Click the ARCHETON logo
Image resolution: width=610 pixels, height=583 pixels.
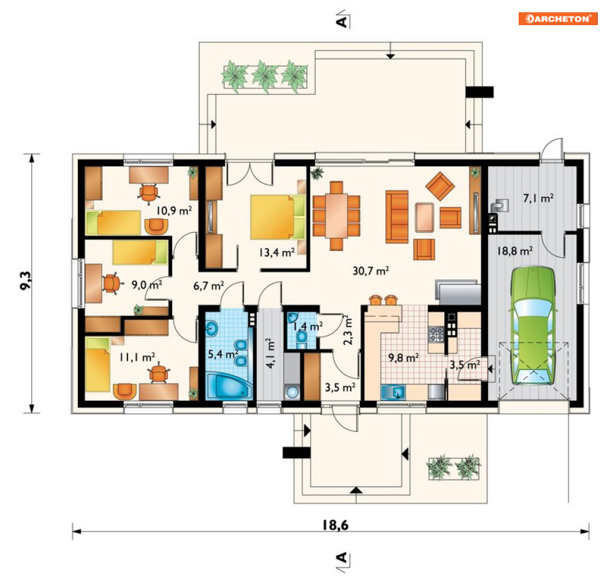click(x=557, y=18)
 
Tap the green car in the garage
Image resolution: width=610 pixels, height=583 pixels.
click(x=533, y=326)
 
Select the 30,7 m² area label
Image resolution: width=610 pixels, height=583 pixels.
click(x=371, y=271)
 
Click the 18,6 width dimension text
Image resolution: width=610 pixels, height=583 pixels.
click(x=335, y=525)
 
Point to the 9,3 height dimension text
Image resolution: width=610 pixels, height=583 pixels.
click(x=26, y=280)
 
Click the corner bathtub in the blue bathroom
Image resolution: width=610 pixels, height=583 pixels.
click(x=229, y=386)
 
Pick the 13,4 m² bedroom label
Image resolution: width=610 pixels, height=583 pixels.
click(x=277, y=253)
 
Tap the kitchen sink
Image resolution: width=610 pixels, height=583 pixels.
click(x=394, y=392)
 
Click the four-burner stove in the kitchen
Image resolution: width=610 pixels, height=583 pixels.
click(x=436, y=334)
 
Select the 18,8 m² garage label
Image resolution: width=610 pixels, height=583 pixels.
click(x=515, y=251)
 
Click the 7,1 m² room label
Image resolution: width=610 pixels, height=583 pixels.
click(x=538, y=199)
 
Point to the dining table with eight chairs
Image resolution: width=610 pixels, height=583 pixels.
click(x=336, y=216)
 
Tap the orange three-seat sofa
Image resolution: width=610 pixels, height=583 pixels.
click(x=397, y=217)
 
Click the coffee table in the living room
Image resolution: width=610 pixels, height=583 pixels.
click(x=424, y=217)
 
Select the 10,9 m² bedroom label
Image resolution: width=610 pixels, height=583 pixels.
click(x=174, y=210)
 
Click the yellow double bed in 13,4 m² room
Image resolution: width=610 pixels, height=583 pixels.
click(x=277, y=217)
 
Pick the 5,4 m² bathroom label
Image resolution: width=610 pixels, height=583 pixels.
click(x=223, y=354)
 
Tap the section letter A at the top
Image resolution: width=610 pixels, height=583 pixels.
click(x=342, y=22)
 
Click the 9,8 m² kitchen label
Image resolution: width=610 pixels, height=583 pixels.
click(x=403, y=357)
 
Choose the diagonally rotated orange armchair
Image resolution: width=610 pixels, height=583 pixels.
click(x=440, y=186)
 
